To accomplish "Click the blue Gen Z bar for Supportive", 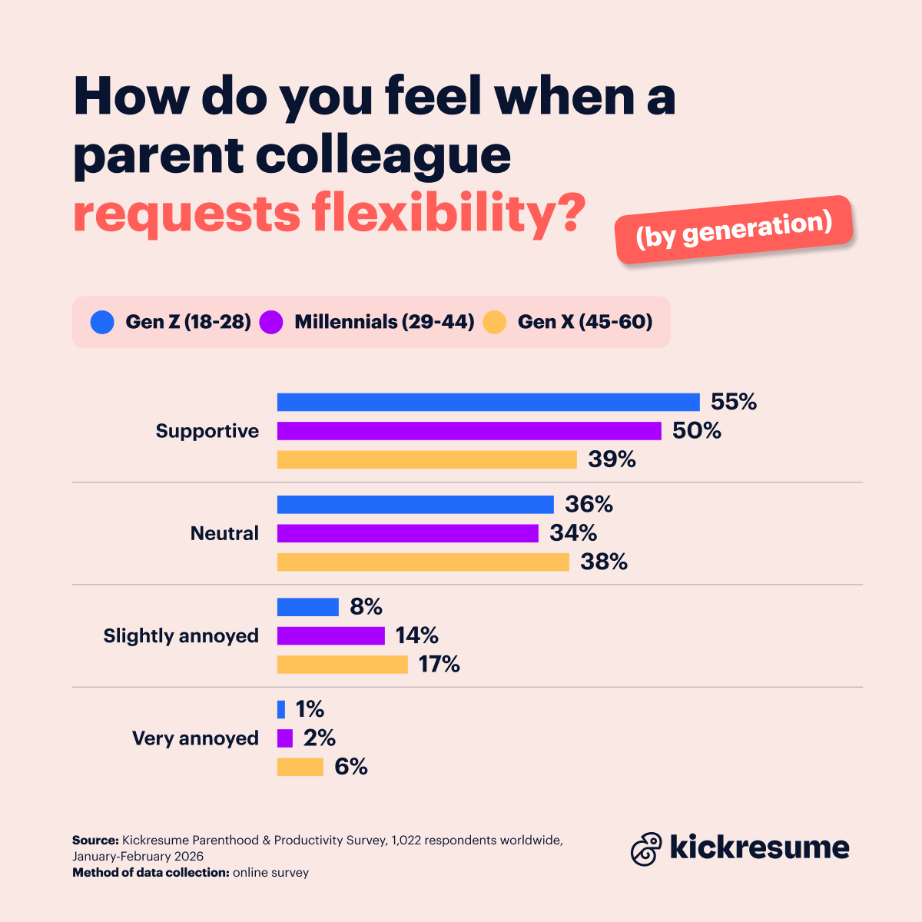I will click(488, 402).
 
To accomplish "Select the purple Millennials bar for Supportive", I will click(469, 431).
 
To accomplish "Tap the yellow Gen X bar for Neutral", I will click(423, 562).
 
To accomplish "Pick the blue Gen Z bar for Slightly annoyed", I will click(307, 607).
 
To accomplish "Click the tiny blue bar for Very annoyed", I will click(281, 709).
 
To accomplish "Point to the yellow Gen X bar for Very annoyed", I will click(300, 767).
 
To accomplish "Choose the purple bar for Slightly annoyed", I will click(330, 635).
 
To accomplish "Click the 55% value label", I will click(734, 402).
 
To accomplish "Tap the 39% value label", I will click(612, 459).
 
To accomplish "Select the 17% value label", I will click(439, 664).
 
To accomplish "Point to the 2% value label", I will click(319, 738).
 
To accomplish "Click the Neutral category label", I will click(224, 533).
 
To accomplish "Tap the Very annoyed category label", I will click(195, 738).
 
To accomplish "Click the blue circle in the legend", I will click(102, 322).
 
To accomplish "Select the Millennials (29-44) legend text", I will click(384, 322).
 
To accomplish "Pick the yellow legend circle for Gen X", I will click(495, 322).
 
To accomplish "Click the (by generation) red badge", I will click(734, 230).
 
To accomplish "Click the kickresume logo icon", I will click(646, 849).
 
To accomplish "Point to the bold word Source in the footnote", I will click(95, 840).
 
